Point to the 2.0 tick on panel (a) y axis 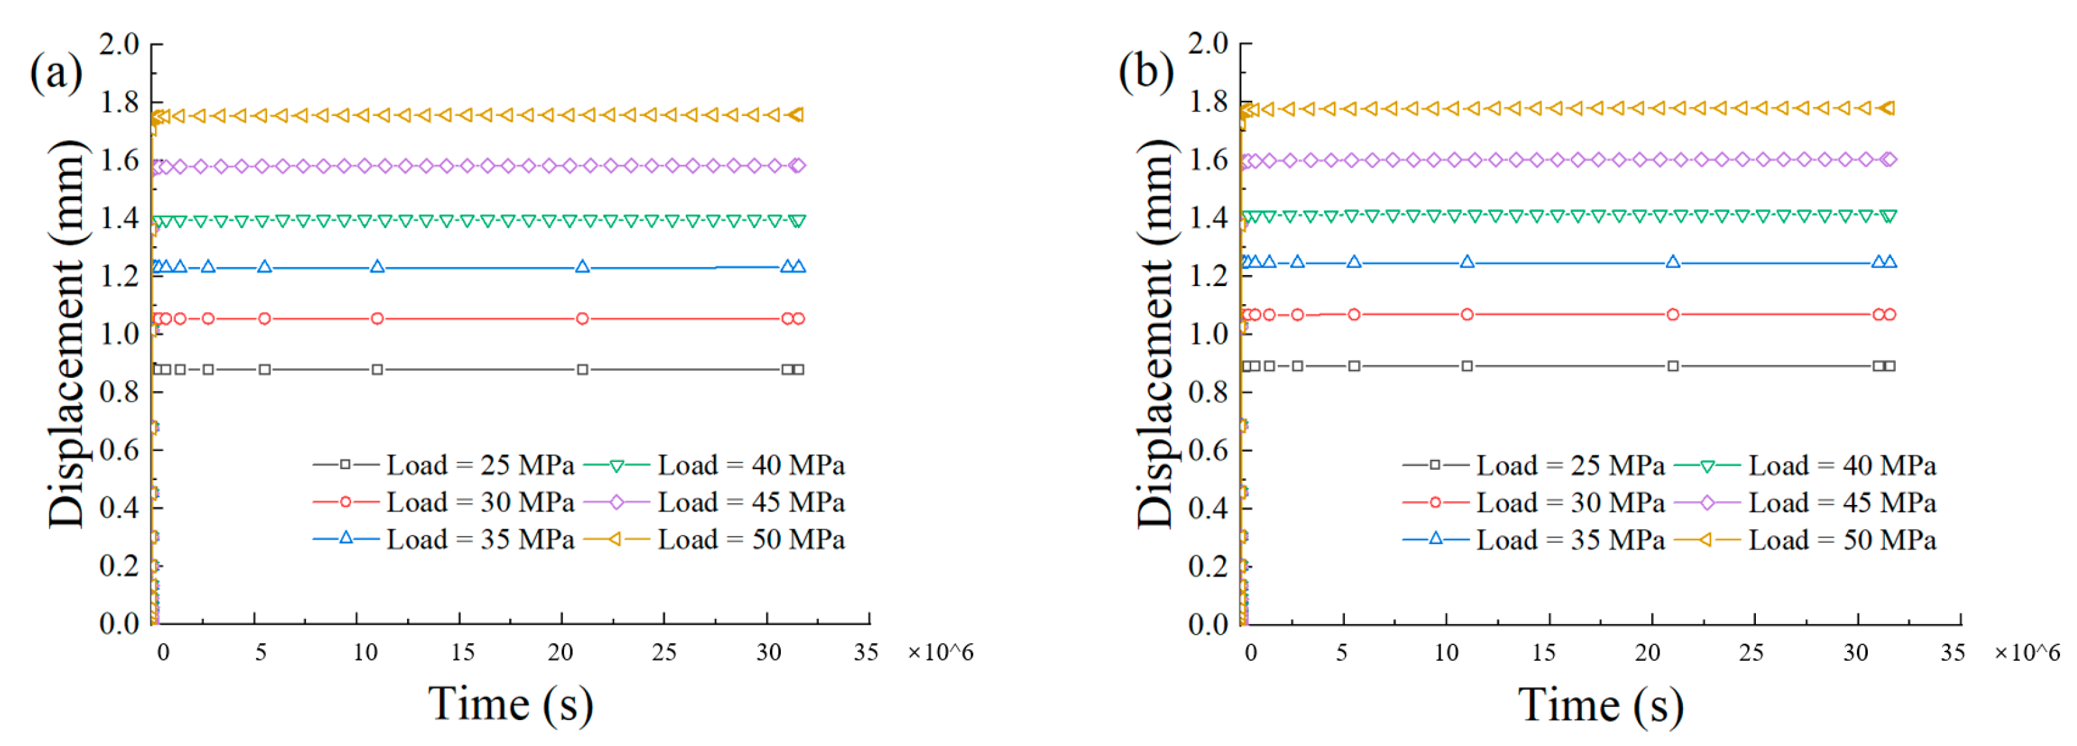[119, 44]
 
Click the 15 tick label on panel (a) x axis [462, 652]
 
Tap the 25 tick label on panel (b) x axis [1751, 652]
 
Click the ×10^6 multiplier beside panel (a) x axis [940, 652]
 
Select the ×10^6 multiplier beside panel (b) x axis [2027, 652]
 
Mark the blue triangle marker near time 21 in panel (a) [582, 266]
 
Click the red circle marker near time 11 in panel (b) [1467, 314]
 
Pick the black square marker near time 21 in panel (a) [582, 369]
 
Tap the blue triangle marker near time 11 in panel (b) [1467, 261]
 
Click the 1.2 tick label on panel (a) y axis [119, 276]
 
